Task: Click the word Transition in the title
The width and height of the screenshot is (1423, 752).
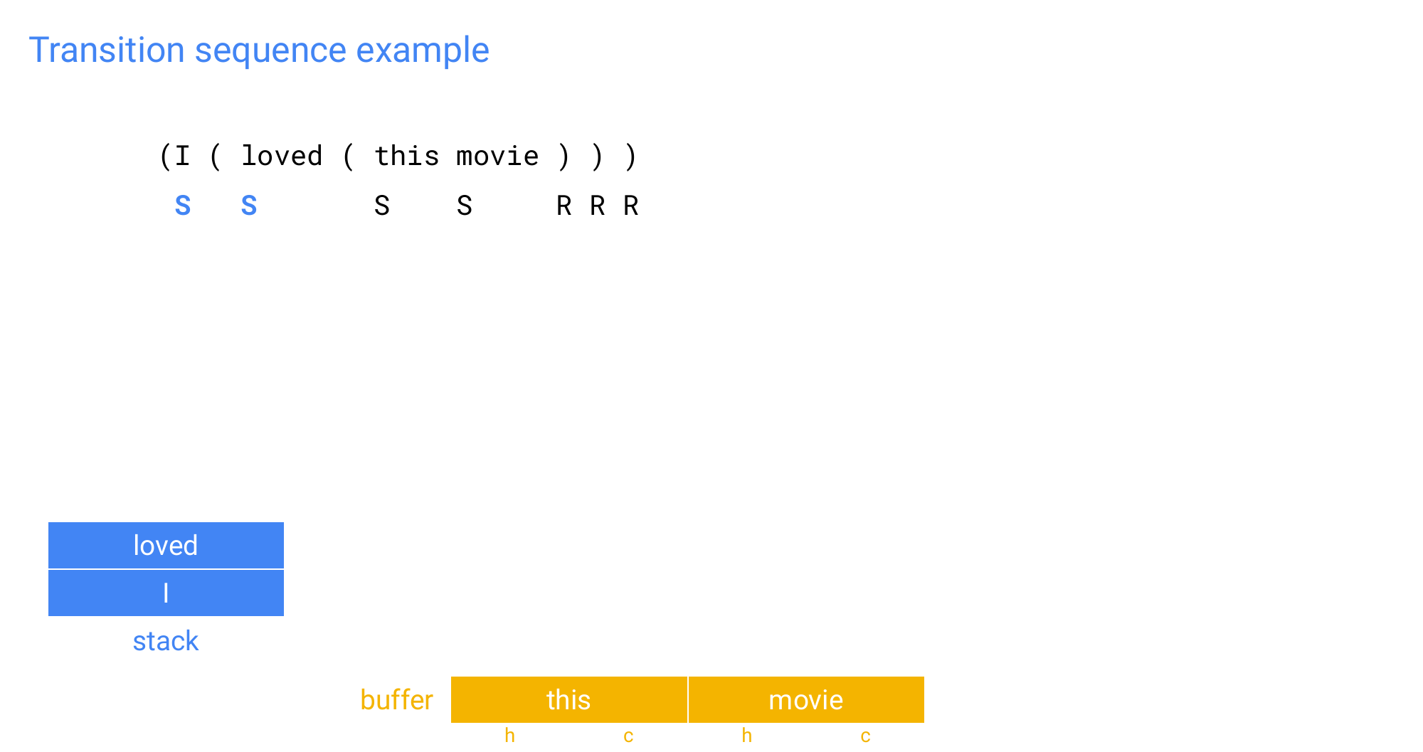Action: (107, 51)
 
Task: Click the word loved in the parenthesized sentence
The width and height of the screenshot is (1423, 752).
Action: (282, 156)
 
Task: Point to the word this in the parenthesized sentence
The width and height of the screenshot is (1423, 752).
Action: (407, 156)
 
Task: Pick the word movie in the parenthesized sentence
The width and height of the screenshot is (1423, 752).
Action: (497, 156)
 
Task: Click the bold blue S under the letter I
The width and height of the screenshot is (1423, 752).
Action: (183, 206)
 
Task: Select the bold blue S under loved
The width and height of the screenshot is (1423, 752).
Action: (249, 206)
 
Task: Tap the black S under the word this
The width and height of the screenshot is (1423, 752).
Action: (382, 206)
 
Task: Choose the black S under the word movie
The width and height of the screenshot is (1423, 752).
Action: (465, 206)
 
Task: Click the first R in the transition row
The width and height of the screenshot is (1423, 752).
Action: (564, 206)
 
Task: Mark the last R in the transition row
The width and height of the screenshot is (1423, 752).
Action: (630, 206)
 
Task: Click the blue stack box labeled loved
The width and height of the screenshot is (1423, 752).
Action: (166, 546)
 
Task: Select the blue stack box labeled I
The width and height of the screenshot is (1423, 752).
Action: (166, 593)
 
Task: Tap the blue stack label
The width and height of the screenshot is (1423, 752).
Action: (166, 641)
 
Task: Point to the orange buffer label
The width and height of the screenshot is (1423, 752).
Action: (397, 700)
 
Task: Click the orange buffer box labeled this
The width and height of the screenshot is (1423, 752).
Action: (569, 700)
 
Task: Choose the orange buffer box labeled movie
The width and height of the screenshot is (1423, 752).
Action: (806, 700)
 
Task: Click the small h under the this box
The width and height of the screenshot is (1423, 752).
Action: (509, 736)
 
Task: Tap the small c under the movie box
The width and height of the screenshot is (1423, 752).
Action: (865, 737)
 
